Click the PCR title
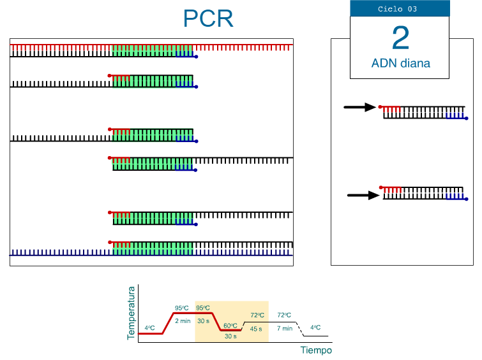(x=208, y=18)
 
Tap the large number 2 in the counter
(x=400, y=38)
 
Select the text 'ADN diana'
(x=400, y=63)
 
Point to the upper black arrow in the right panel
(x=360, y=107)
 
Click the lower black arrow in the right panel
(x=363, y=196)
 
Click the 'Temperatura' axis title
(x=132, y=312)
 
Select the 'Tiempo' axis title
(x=316, y=350)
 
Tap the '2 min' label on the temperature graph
(x=183, y=320)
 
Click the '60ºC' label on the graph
(x=230, y=326)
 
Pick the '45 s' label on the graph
(x=257, y=329)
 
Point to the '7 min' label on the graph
(x=284, y=329)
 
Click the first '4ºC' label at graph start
(x=149, y=328)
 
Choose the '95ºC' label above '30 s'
(x=203, y=308)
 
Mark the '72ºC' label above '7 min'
(x=284, y=315)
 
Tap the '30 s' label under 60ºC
(x=230, y=336)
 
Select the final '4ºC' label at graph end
(x=315, y=328)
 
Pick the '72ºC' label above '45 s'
(x=257, y=315)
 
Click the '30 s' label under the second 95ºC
(x=203, y=320)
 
